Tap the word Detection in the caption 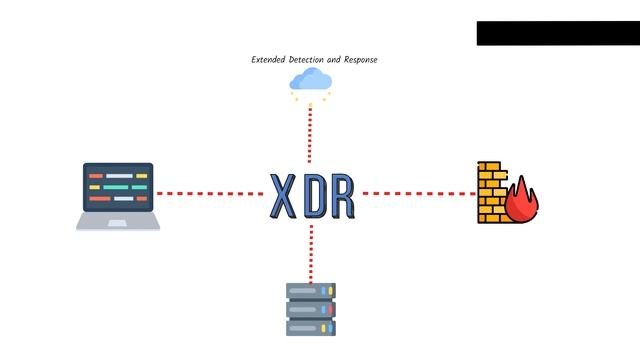pos(309,60)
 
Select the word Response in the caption pos(361,60)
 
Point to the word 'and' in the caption pos(336,60)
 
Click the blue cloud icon pos(310,80)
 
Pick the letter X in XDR pos(283,196)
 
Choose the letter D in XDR pos(313,196)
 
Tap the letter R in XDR pos(342,196)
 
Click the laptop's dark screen pos(118,187)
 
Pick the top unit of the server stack pos(311,291)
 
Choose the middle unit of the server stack pos(311,309)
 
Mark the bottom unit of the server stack pos(311,327)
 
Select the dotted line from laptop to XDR pos(210,193)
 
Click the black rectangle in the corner pos(557,33)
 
